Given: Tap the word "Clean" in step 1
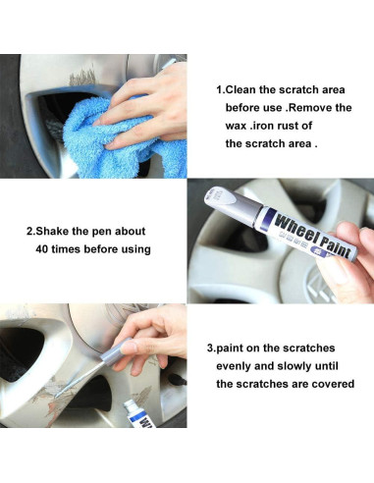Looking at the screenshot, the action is pos(240,89).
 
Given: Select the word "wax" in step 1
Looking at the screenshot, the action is pos(236,126).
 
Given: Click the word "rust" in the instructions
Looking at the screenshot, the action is pos(284,126).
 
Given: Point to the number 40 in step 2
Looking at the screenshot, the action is pos(42,249).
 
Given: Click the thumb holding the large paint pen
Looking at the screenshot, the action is pos(332,273).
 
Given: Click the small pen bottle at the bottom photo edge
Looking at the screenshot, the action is pos(140,414).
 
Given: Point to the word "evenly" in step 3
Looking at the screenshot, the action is pos(233,366).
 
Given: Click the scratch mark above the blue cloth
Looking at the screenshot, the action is pos(82,78).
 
